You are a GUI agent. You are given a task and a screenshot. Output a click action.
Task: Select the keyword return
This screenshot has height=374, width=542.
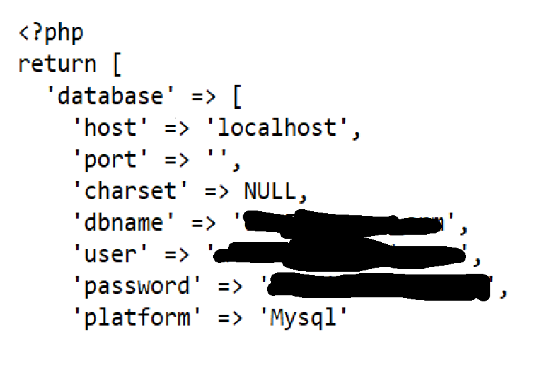click(x=57, y=65)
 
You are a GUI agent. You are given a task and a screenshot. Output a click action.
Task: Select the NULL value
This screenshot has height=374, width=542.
click(x=269, y=192)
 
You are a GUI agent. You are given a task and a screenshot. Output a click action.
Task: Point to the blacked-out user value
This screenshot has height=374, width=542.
click(x=340, y=255)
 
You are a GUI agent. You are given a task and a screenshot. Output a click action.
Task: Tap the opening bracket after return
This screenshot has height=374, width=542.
click(x=114, y=65)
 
